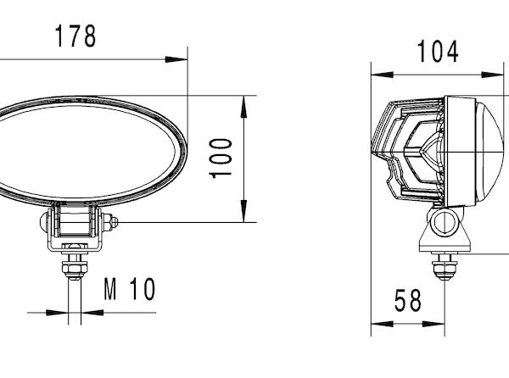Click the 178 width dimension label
point(76,36)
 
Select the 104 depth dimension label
point(438,51)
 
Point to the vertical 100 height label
point(221,158)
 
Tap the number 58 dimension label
point(408,301)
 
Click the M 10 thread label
point(130,289)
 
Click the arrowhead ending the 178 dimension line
point(176,59)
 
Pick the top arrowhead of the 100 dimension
point(243,107)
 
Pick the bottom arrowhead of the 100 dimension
point(243,211)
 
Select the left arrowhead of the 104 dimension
point(383,75)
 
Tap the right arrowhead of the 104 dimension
point(492,75)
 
